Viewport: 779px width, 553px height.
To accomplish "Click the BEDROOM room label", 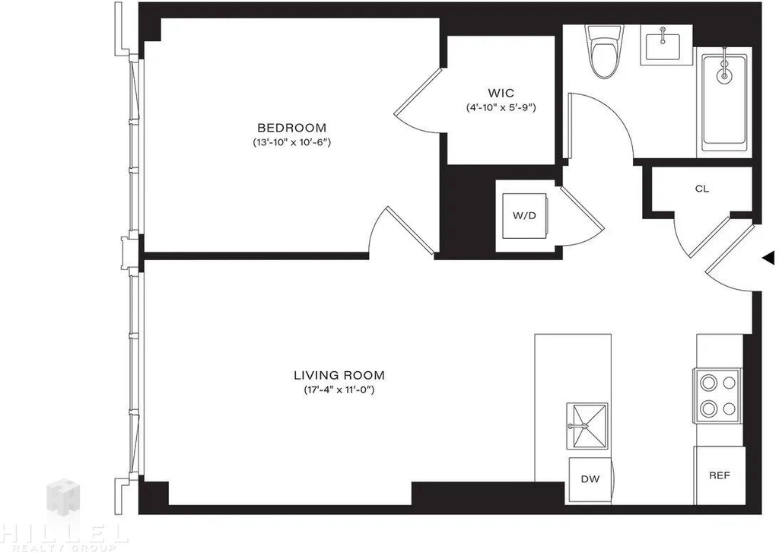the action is coord(291,129).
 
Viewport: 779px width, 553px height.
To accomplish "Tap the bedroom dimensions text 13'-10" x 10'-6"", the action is coord(291,142).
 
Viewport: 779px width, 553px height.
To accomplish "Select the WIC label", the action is coord(501,93).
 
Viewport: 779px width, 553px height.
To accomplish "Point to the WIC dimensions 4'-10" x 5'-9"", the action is coord(501,107).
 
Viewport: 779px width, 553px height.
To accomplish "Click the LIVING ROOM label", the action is coord(339,375).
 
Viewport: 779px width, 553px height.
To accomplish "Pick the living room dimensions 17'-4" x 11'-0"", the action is coord(339,390).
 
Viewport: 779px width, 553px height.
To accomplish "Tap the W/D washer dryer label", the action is coord(525,215).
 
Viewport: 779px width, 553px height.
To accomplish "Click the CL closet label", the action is coord(702,189).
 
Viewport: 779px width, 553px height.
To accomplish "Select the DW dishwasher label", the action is coord(590,479).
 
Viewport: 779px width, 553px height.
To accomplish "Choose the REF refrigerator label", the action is coord(720,475).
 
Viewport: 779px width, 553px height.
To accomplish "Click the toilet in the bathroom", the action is coord(603,51).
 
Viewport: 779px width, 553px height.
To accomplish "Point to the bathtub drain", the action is coord(725,75).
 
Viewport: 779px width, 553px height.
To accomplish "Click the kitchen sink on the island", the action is coord(587,426).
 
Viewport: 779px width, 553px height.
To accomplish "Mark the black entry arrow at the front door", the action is coord(768,258).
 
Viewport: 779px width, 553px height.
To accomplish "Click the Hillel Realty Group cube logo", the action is coord(63,497).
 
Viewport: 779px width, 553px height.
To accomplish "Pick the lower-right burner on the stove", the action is coord(730,409).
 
